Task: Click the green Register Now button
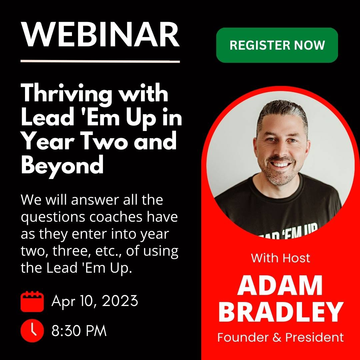(x=277, y=45)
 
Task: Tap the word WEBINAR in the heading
(x=100, y=35)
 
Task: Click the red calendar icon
(x=32, y=301)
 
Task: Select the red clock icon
(x=32, y=331)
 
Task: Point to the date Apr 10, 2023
(x=95, y=301)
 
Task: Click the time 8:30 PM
(x=79, y=331)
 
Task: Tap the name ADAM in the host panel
(x=280, y=285)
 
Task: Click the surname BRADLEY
(x=281, y=312)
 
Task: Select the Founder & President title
(x=281, y=337)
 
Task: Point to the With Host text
(x=281, y=258)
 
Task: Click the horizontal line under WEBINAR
(x=100, y=61)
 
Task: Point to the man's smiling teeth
(x=280, y=164)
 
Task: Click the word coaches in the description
(x=116, y=217)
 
